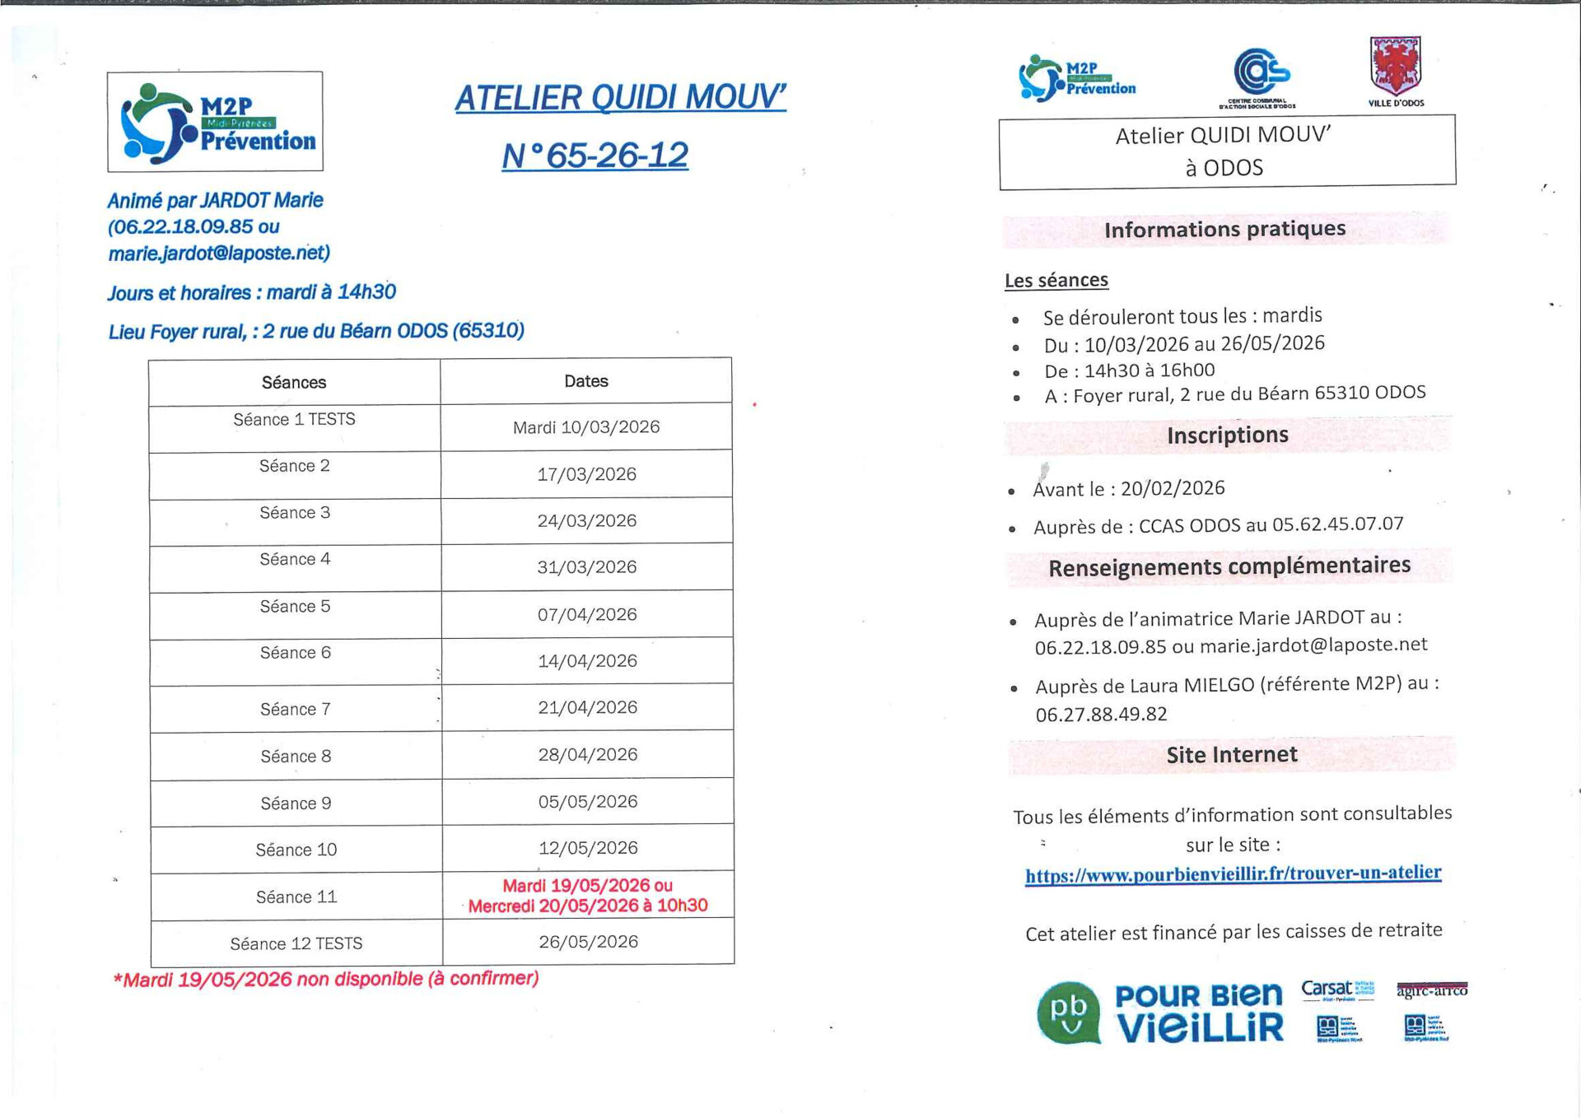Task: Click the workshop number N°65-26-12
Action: [x=595, y=155]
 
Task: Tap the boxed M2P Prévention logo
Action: [x=215, y=122]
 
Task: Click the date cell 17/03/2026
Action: [x=586, y=474]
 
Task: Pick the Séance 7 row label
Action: [x=295, y=709]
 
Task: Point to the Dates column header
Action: [x=585, y=381]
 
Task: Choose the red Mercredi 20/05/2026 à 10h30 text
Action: [x=588, y=906]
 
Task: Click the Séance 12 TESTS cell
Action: [x=296, y=943]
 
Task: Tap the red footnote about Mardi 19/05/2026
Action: [x=326, y=979]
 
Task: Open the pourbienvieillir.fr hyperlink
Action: [x=1233, y=873]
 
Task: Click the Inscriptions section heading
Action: [x=1227, y=435]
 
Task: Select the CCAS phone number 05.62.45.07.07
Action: [x=1337, y=524]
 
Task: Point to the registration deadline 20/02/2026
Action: [x=1173, y=488]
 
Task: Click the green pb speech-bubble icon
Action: [x=1068, y=1012]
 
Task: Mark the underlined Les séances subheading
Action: [x=1056, y=281]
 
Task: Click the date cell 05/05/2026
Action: [x=587, y=801]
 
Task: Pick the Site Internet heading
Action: [x=1231, y=755]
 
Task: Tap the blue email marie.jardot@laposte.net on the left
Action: [x=219, y=254]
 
